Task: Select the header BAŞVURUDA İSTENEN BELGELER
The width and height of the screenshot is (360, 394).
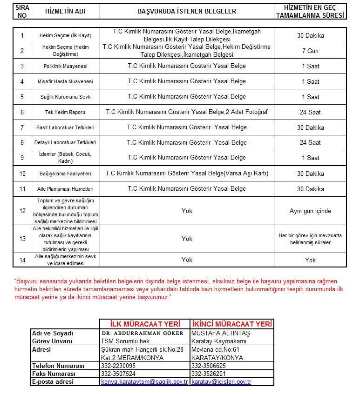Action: tap(187, 11)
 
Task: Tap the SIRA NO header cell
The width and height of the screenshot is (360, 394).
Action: tap(22, 11)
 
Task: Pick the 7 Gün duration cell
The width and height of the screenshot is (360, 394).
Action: tap(310, 51)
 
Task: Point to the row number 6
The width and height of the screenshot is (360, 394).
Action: tap(22, 112)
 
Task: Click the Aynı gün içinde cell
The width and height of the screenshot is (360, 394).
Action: tap(310, 211)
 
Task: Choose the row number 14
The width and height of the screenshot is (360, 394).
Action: tap(22, 260)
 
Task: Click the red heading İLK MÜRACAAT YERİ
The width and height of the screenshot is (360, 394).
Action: tap(144, 324)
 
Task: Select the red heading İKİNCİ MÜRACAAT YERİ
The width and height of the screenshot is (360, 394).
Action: tap(231, 324)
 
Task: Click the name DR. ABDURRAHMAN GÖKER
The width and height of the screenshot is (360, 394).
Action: tap(144, 334)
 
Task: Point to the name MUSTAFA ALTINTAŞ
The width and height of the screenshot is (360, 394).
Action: tap(214, 334)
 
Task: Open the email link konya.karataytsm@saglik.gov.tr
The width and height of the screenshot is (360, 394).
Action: tap(144, 381)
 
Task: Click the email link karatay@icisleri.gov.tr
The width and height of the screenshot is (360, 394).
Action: tap(221, 381)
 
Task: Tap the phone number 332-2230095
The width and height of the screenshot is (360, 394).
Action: tap(118, 366)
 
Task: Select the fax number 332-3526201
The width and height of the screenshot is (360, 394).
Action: tap(209, 374)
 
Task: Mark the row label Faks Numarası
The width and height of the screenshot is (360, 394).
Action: tap(51, 374)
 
